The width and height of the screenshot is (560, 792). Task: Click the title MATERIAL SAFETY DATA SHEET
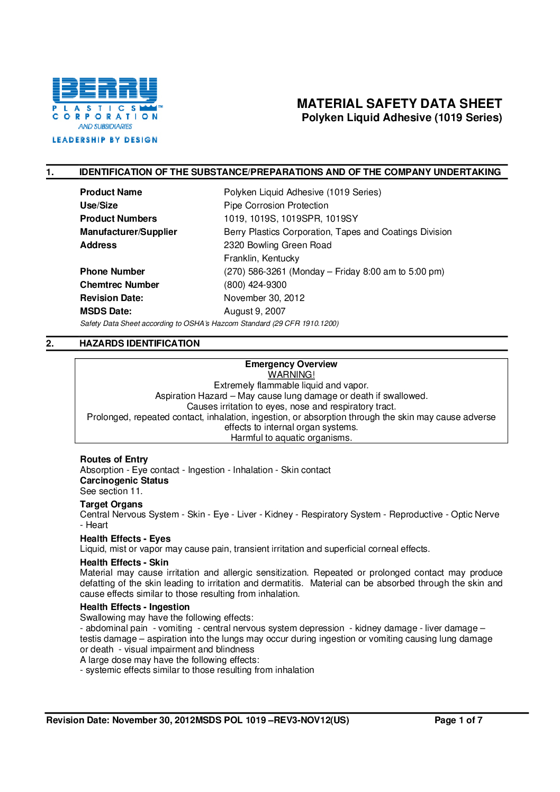click(x=399, y=104)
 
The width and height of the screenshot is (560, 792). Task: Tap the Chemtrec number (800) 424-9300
click(x=255, y=285)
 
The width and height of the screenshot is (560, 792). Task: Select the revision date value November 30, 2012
click(x=264, y=298)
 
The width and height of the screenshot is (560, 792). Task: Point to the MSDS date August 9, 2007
click(x=255, y=311)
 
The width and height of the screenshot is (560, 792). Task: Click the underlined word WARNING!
click(x=291, y=375)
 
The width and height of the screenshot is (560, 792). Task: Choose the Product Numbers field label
click(x=118, y=219)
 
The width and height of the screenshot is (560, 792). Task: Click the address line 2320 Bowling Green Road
click(x=277, y=245)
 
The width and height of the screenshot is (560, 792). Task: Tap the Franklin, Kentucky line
click(x=261, y=258)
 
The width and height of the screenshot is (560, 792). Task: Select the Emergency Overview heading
click(x=291, y=364)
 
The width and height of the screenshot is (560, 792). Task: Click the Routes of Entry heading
click(x=114, y=459)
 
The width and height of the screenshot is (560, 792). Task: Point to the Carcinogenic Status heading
click(x=124, y=480)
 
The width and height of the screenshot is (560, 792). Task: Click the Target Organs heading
click(x=111, y=504)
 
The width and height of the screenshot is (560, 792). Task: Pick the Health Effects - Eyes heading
click(x=125, y=539)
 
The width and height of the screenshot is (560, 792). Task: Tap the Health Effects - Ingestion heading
click(x=134, y=607)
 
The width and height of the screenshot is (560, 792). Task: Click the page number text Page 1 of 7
click(x=458, y=720)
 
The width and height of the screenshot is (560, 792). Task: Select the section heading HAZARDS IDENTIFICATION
click(x=140, y=343)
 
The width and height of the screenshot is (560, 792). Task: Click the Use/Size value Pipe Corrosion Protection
click(x=276, y=205)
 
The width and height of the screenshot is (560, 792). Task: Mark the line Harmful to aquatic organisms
click(x=291, y=438)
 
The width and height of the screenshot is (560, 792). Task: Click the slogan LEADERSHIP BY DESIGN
click(x=105, y=140)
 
